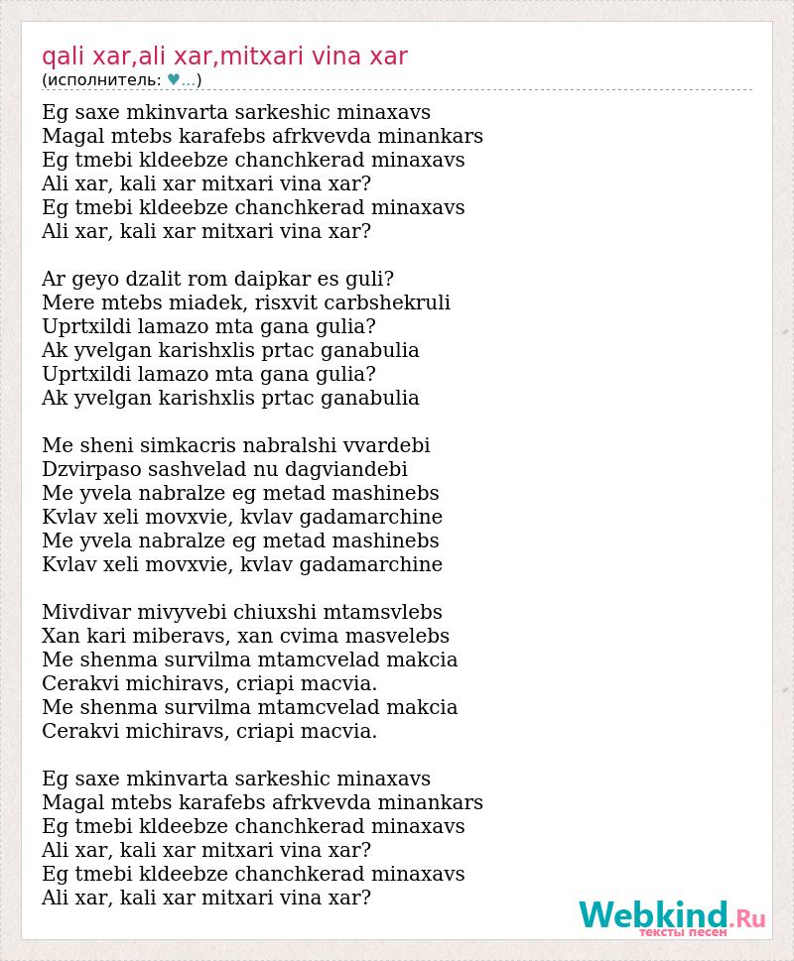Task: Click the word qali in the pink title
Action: click(x=62, y=57)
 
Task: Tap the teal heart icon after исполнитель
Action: click(x=174, y=80)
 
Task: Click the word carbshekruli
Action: click(x=384, y=303)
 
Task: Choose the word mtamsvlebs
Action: click(x=384, y=613)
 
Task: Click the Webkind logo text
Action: click(x=654, y=914)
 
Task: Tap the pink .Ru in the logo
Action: click(x=748, y=918)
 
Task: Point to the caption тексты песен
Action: click(x=683, y=932)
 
